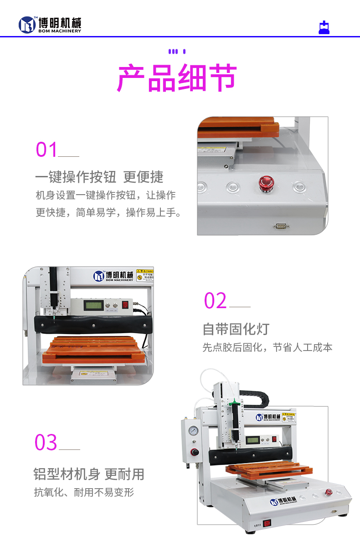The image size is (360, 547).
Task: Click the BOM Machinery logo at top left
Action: (x=50, y=25)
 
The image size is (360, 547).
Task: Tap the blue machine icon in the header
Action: (x=324, y=27)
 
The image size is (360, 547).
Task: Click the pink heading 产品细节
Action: (x=177, y=78)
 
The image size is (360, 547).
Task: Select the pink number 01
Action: (x=47, y=150)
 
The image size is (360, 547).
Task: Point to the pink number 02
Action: (x=215, y=301)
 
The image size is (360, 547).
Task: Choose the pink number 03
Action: (x=46, y=443)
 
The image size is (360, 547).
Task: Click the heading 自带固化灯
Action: (x=236, y=329)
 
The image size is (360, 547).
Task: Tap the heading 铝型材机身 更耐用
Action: (x=89, y=474)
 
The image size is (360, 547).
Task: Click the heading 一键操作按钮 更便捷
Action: (x=99, y=177)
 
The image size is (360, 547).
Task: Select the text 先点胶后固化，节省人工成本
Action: (x=267, y=347)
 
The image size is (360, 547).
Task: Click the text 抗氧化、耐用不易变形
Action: (x=84, y=492)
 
